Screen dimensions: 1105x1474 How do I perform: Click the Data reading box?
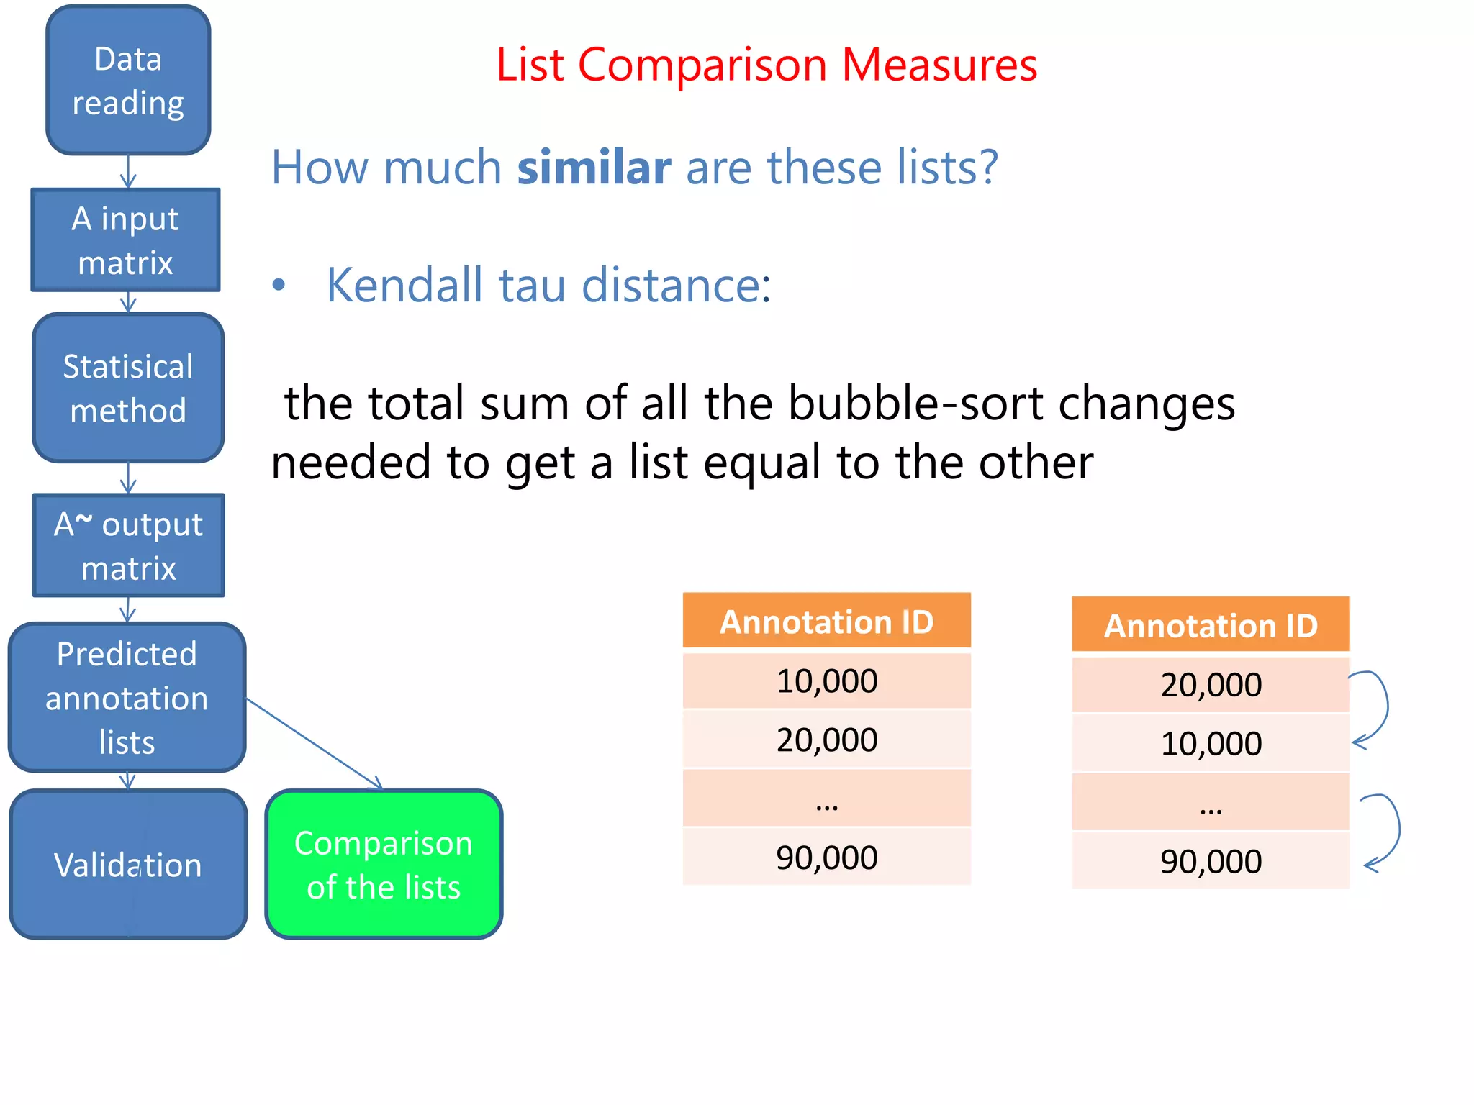[x=128, y=81]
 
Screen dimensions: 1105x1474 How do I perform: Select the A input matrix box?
[x=126, y=240]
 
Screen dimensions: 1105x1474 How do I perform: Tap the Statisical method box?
[x=128, y=388]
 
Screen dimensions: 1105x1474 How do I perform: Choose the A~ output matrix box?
[x=129, y=545]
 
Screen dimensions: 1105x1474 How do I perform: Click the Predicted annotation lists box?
[x=127, y=697]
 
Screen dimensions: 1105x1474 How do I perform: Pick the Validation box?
[x=128, y=864]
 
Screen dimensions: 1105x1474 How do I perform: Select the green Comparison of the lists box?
[x=384, y=864]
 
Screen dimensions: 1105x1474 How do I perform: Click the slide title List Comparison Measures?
[x=767, y=65]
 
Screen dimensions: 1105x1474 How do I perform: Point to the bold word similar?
[x=594, y=167]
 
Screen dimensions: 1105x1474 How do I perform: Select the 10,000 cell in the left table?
[x=826, y=681]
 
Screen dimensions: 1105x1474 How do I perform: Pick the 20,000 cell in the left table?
[x=826, y=740]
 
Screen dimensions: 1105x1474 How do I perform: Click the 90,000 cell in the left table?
[x=826, y=857]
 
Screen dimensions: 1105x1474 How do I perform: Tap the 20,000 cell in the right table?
[x=1211, y=684]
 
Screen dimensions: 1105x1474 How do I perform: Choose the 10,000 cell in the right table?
[x=1211, y=743]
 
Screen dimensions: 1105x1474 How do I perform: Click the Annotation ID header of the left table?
[x=826, y=622]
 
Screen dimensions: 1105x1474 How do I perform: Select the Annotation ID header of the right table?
[x=1211, y=625]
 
